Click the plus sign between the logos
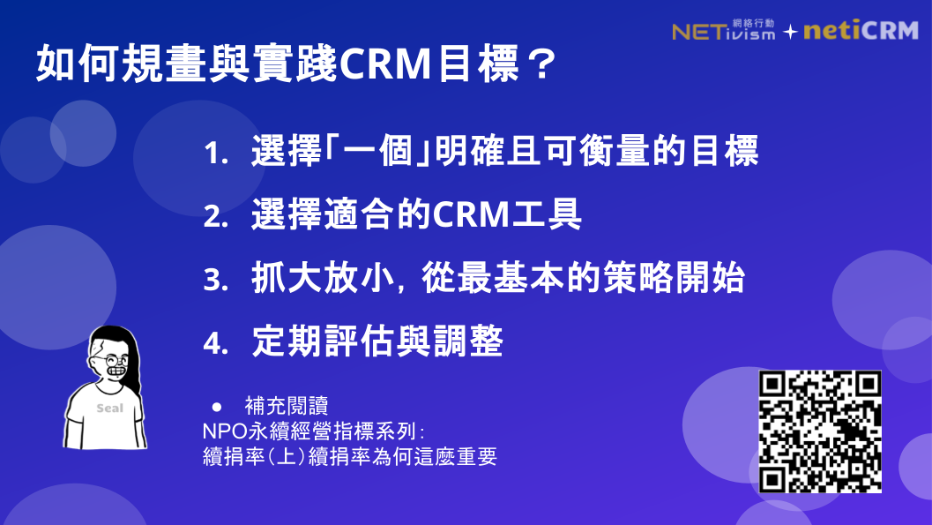(790, 32)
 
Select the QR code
(821, 431)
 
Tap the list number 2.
(214, 217)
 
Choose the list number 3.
(214, 281)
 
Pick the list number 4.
(214, 343)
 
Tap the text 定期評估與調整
(377, 341)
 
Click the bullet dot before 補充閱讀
(215, 407)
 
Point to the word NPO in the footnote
(222, 433)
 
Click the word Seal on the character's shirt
(110, 409)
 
